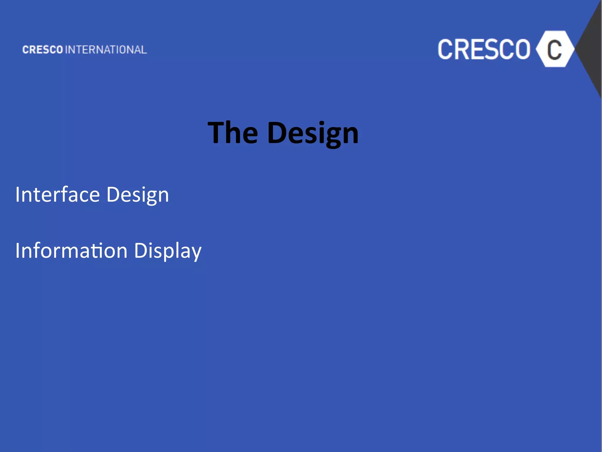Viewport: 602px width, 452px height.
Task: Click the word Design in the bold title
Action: (313, 134)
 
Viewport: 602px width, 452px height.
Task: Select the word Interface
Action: (58, 195)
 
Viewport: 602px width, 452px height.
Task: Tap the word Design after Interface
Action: (138, 195)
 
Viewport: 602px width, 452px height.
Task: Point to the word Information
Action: (71, 251)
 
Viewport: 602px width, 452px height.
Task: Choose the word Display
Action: (168, 251)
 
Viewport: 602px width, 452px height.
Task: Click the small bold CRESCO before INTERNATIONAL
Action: (43, 50)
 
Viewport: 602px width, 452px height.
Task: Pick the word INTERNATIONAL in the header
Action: (106, 50)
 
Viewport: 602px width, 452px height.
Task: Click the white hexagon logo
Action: (555, 49)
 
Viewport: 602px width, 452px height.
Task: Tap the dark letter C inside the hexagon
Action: (554, 49)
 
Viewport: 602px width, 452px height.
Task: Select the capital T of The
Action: (217, 133)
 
